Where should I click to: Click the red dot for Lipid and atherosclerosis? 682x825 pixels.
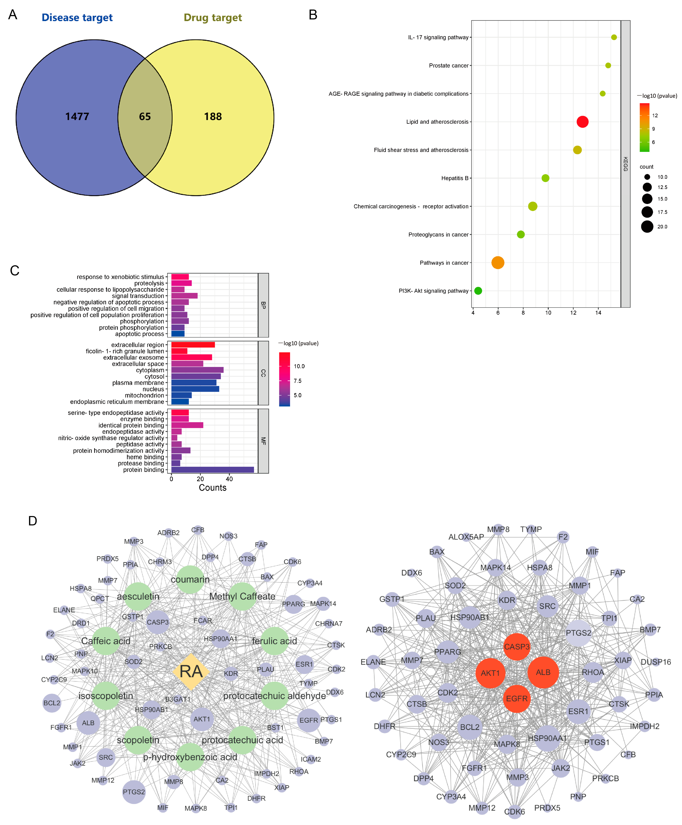(x=582, y=122)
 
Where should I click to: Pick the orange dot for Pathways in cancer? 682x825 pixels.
(x=497, y=262)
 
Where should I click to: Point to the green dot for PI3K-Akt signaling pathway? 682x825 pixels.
(x=478, y=291)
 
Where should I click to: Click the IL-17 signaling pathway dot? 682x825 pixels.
(x=614, y=37)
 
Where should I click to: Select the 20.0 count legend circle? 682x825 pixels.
(x=647, y=227)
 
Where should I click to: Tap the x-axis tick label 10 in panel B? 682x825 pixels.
(x=548, y=313)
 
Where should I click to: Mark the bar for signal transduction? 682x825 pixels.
(x=184, y=296)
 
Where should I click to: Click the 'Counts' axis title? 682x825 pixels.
(x=212, y=488)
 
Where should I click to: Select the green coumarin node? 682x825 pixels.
(x=190, y=579)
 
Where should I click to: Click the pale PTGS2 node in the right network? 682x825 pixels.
(x=578, y=633)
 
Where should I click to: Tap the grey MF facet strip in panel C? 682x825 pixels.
(x=263, y=441)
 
